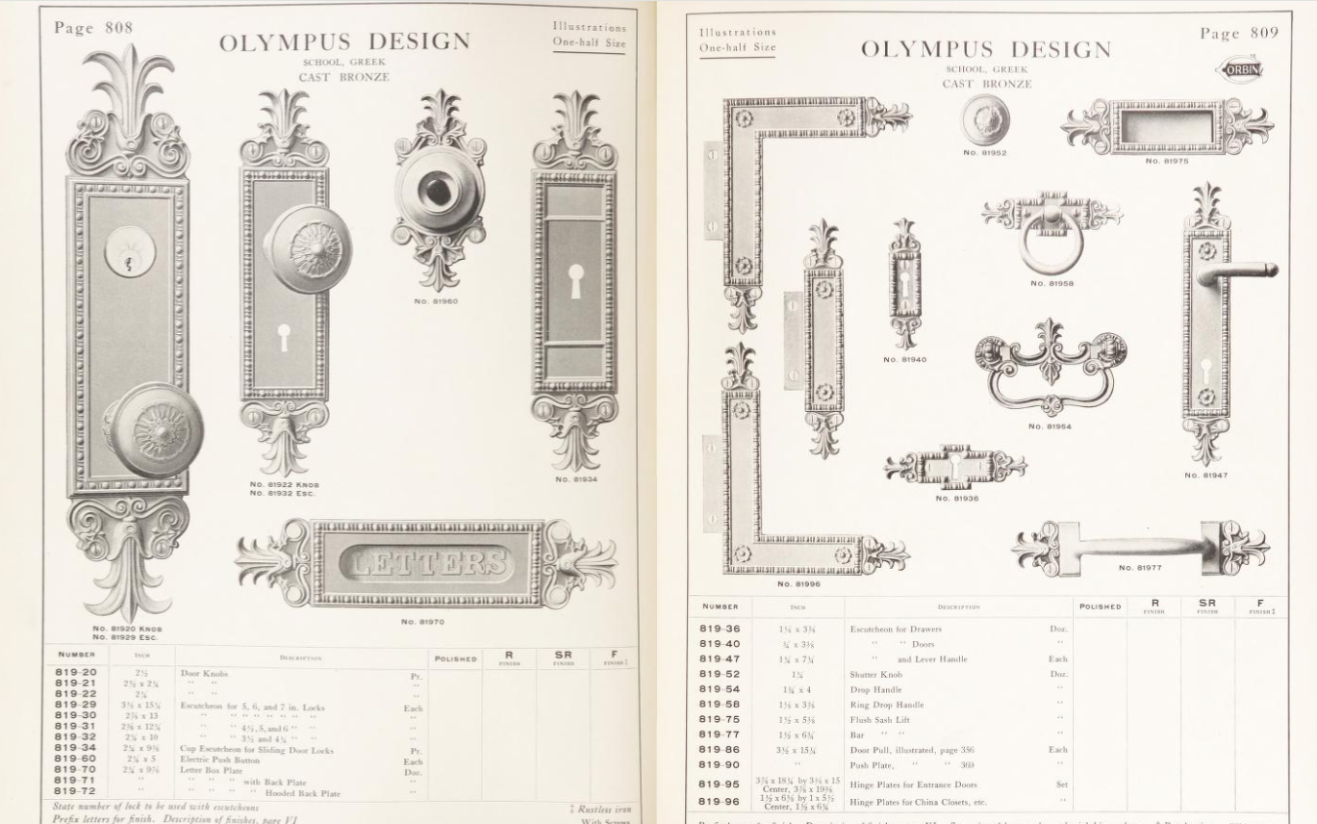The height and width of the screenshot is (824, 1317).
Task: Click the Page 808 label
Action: pos(93,27)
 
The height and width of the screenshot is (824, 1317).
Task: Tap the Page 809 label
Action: pos(1239,34)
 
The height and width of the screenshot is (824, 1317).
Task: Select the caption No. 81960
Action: pos(436,301)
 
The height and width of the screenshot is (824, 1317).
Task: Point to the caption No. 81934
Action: pos(576,478)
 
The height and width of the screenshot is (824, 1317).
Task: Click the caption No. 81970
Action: pos(422,622)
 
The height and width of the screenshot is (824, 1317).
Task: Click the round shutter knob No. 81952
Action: pos(985,120)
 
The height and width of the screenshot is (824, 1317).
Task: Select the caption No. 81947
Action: pos(1205,475)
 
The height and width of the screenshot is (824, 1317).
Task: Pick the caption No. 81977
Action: pos(1140,568)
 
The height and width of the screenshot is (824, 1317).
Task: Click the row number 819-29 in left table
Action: pos(75,705)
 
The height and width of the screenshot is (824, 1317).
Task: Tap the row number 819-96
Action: pos(720,801)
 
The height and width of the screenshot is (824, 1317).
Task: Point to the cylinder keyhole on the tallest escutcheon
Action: pos(129,252)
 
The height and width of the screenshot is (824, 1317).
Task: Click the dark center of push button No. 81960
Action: pos(438,189)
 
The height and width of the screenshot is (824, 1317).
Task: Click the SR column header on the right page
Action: pos(1207,604)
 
